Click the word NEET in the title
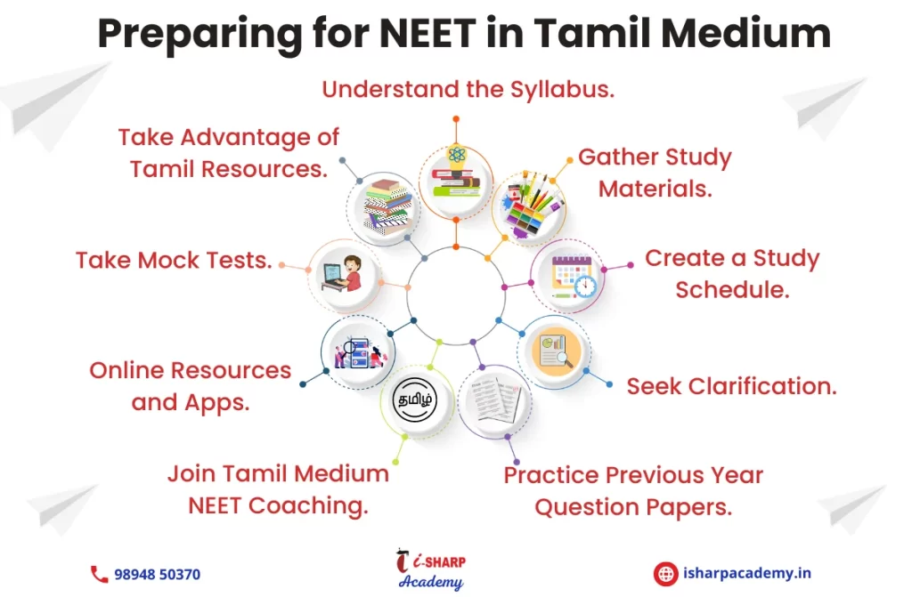427,33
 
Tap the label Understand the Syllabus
468,90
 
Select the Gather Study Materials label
655,173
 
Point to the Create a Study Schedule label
732,274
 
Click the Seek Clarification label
732,386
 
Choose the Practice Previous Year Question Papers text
633,491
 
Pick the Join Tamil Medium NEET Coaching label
278,489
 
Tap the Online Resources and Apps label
191,386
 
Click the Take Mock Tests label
174,261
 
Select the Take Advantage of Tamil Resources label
229,153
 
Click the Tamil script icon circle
415,400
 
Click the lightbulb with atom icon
456,173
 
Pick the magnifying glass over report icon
554,351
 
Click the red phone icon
99,575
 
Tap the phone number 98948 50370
157,575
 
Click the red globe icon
665,574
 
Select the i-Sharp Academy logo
431,569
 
